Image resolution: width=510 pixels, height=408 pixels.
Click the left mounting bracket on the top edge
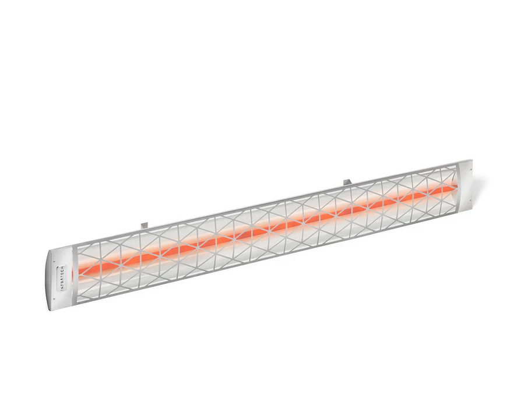(143, 223)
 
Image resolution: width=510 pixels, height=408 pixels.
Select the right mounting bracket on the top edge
(347, 182)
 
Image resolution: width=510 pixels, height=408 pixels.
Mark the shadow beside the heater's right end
(478, 187)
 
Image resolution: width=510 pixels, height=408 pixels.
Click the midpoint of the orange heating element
(268, 228)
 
